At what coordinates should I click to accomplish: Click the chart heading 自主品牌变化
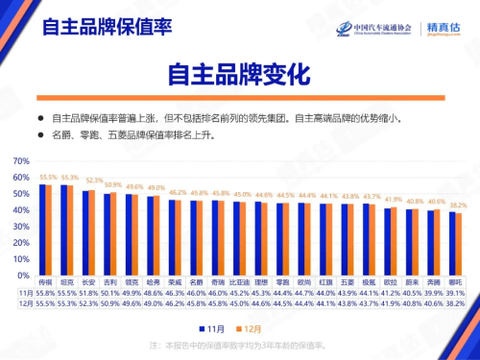(x=239, y=74)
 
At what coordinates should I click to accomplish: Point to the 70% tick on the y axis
(x=24, y=177)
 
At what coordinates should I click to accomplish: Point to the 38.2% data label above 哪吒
(x=458, y=205)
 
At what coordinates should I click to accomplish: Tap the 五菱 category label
(x=347, y=283)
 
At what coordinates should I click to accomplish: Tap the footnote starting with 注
(x=239, y=344)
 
